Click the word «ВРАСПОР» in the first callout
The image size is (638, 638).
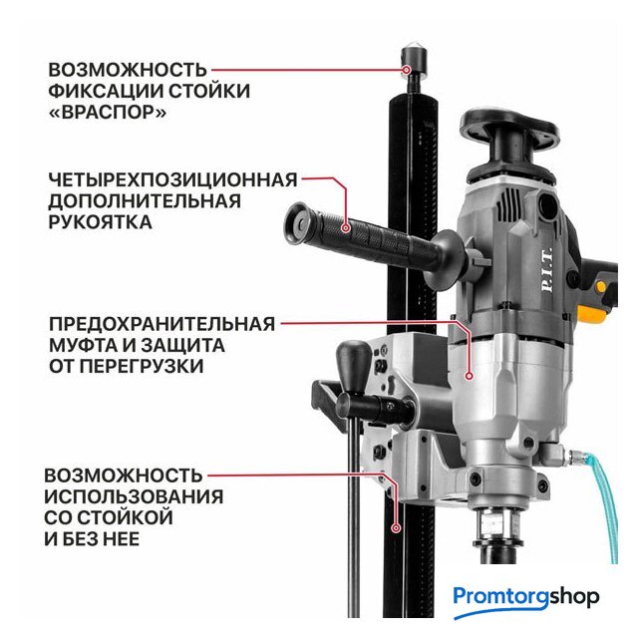pyautogui.click(x=108, y=112)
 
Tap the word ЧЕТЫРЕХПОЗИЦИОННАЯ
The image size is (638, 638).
pyautogui.click(x=172, y=179)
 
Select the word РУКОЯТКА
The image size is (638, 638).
pyautogui.click(x=100, y=222)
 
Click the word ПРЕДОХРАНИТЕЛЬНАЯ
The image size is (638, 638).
pyautogui.click(x=161, y=324)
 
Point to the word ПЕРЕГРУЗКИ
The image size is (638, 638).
pyautogui.click(x=142, y=366)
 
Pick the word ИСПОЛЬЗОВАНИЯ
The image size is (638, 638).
pyautogui.click(x=134, y=496)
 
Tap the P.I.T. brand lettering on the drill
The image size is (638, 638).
pyautogui.click(x=547, y=269)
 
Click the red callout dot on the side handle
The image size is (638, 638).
pyautogui.click(x=346, y=228)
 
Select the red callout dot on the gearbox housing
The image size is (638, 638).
pyautogui.click(x=469, y=376)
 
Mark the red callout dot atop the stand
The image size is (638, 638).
pyautogui.click(x=406, y=70)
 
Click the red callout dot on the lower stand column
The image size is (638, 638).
pyautogui.click(x=396, y=528)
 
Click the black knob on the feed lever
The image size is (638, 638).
pyautogui.click(x=354, y=365)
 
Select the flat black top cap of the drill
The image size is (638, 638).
pyautogui.click(x=509, y=127)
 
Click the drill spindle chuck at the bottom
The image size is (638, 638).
pyautogui.click(x=496, y=529)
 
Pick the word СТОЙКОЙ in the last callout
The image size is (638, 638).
pyautogui.click(x=124, y=518)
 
